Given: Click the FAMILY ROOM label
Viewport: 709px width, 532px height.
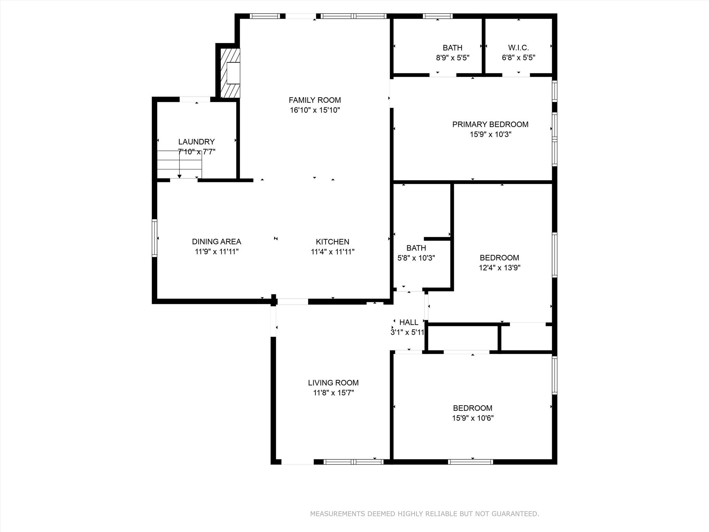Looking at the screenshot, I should coord(315,100).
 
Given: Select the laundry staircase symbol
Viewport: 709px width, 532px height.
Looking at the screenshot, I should coord(179,165).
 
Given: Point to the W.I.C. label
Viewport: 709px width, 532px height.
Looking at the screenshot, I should coord(518,48).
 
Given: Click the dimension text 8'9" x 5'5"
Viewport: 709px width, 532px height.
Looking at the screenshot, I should coord(452,58).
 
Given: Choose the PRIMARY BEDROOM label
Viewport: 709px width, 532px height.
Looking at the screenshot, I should coord(490,124).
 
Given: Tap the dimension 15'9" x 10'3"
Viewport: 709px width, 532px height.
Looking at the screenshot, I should coord(490,134).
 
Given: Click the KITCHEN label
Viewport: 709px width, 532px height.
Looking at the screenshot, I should coord(332,242).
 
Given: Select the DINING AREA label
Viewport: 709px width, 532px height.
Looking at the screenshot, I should coord(216,242).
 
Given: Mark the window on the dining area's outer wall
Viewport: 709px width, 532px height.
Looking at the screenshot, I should coord(155,238).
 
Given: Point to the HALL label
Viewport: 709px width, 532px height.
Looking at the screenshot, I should coord(409,322).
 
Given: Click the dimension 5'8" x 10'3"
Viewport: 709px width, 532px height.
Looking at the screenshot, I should coord(416,258).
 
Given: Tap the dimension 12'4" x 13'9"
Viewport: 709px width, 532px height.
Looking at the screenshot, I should coord(499,268).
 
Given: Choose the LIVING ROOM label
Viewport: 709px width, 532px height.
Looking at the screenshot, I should coord(333,383).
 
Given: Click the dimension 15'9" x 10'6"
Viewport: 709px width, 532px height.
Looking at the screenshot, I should coord(473,418).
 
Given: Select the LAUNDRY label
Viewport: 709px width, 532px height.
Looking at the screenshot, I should coord(196,142).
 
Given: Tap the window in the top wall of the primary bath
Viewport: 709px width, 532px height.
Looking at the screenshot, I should coord(438,16).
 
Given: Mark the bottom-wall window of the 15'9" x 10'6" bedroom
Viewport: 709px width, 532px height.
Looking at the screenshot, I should coord(470,462).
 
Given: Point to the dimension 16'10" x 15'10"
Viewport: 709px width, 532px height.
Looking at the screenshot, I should coord(315,110).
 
